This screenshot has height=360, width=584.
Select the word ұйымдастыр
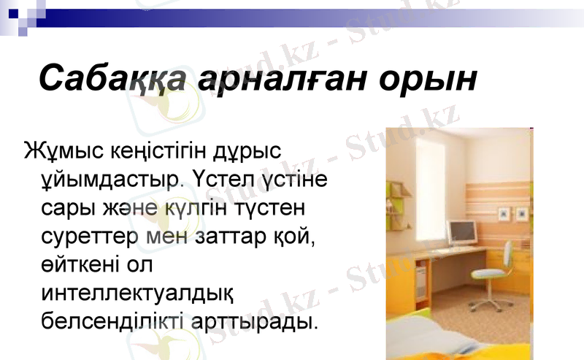(109, 179)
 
